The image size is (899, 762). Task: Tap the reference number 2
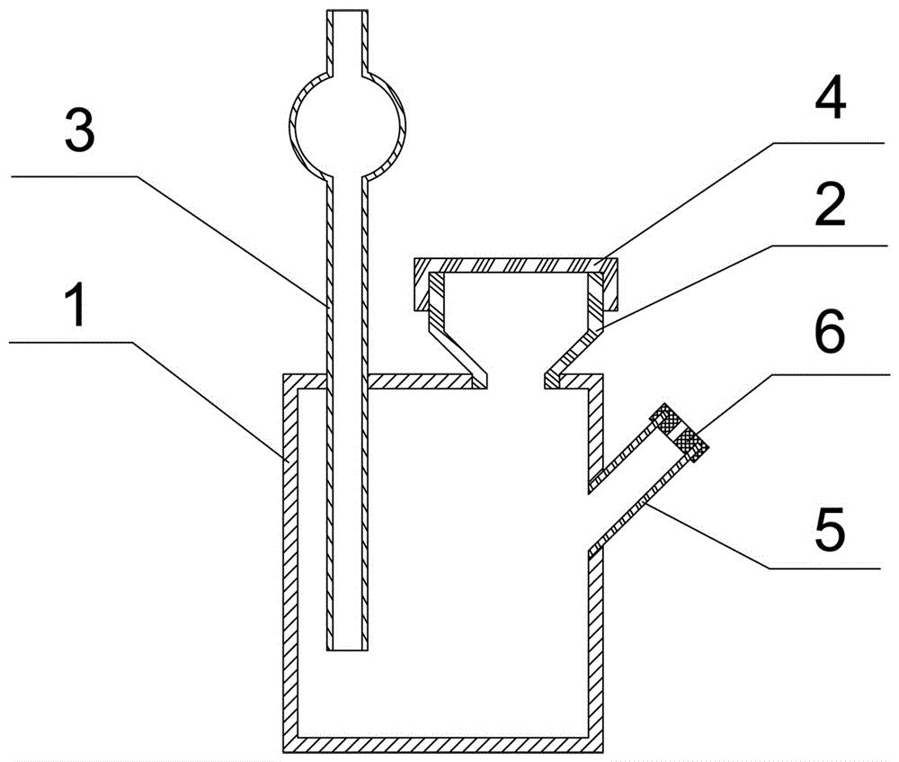tap(830, 205)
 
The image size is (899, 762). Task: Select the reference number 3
tap(80, 131)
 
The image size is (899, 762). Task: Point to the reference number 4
tap(830, 99)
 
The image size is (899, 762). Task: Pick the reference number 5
tap(830, 527)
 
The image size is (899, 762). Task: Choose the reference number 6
tap(830, 330)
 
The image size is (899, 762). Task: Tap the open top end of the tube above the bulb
tap(347, 11)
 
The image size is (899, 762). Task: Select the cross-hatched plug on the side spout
tap(679, 432)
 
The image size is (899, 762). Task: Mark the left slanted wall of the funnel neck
tap(457, 351)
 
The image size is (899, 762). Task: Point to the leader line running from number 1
tap(147, 400)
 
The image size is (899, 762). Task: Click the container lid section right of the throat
tap(574, 381)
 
